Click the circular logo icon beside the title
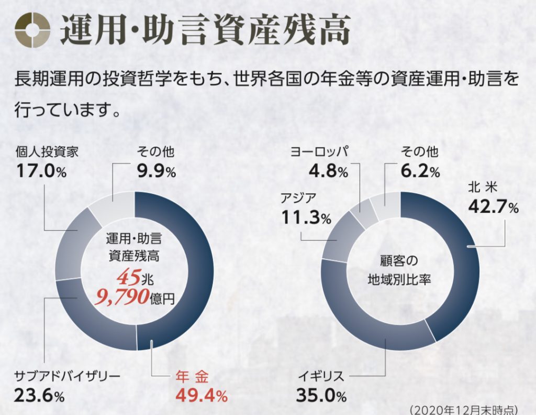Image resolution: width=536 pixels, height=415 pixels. point(33,29)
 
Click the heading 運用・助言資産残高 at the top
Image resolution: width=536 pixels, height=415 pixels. point(205,30)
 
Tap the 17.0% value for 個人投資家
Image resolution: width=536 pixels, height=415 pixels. point(41,171)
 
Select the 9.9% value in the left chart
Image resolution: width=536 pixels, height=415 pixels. point(156,171)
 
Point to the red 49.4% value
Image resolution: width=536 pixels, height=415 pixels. point(201,394)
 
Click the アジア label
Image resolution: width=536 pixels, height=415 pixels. point(298,198)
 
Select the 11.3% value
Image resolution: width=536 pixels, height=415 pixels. point(306,216)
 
